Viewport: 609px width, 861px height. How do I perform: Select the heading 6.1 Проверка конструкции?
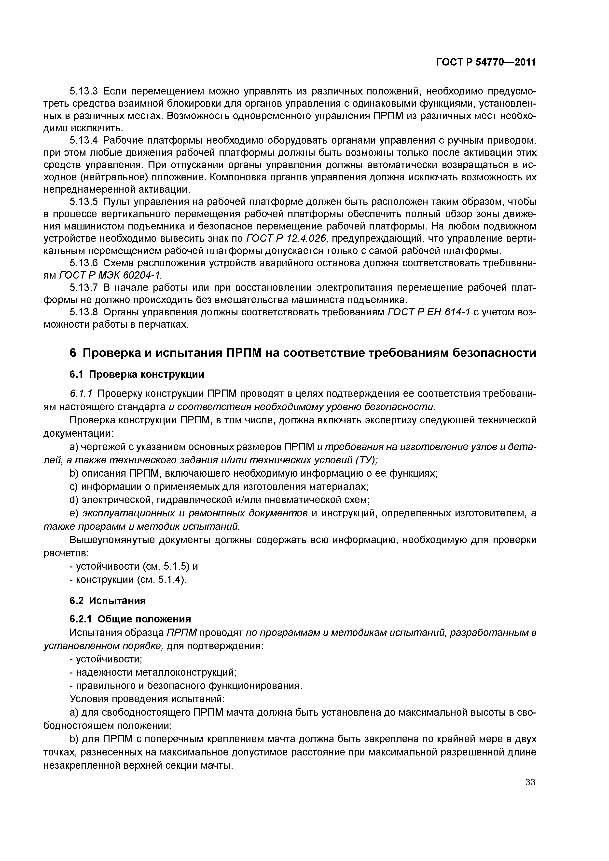(x=137, y=374)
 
